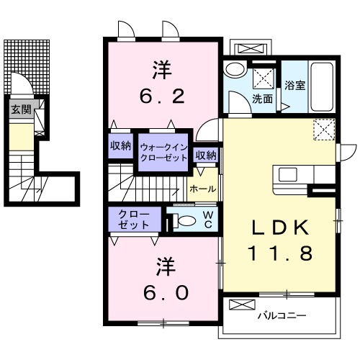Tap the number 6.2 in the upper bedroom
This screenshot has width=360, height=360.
tap(163, 94)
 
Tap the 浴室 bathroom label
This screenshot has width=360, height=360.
tap(294, 85)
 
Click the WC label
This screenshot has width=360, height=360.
tap(207, 219)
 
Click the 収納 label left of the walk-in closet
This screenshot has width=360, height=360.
tap(120, 145)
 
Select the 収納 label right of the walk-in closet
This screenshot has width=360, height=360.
tap(206, 155)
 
